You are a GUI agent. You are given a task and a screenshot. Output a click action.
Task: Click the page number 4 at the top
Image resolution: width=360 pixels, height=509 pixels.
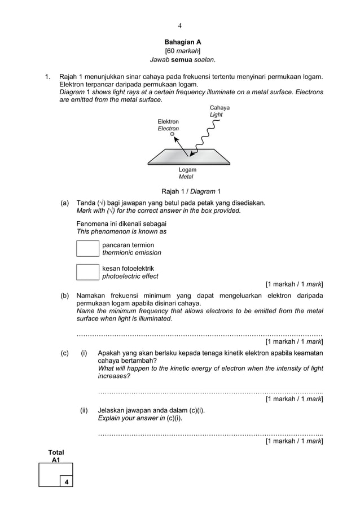pos(179,25)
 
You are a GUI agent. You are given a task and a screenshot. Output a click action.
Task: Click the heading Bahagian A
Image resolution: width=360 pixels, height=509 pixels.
pos(182,42)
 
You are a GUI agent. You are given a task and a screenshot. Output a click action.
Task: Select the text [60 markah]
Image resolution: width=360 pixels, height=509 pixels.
pos(182,51)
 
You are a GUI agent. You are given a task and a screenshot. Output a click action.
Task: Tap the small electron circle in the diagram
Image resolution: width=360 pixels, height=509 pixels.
pos(172,134)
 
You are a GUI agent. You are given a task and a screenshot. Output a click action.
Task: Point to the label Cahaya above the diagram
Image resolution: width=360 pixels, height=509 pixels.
pos(219,107)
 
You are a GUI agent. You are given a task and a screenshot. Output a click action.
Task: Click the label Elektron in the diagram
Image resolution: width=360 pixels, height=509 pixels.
pos(168,121)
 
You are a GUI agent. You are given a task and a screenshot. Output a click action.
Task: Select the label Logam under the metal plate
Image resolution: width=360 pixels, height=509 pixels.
pos(187,169)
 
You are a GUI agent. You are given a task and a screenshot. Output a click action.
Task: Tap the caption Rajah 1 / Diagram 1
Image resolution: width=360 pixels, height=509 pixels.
pos(191,191)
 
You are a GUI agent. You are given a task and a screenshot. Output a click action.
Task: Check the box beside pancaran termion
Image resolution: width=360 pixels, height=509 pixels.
pos(87,248)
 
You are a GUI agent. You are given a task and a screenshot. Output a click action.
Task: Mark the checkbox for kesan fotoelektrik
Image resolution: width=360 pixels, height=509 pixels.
pos(87,271)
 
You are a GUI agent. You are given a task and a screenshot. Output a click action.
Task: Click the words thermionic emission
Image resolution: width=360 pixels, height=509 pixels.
pos(131,253)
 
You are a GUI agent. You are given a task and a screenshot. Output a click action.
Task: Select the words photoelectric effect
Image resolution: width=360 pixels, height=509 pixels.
pos(130,277)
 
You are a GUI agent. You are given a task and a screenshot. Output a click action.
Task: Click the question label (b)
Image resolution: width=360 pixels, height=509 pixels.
pos(65,296)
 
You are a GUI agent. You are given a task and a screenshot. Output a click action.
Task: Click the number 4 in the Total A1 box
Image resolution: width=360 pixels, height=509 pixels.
pos(67,481)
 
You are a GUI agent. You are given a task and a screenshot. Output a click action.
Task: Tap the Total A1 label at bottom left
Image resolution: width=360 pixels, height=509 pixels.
pos(56,456)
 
